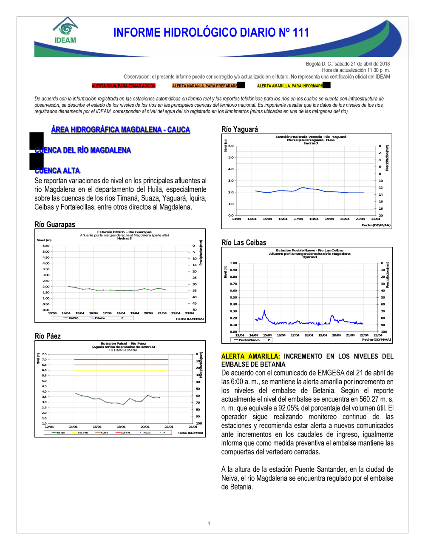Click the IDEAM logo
(65, 31)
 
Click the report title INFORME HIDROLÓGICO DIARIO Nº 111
(211, 33)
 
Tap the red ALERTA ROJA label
(124, 86)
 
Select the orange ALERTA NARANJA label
(205, 86)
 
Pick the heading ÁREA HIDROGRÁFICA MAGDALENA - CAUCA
(121, 130)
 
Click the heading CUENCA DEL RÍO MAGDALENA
(83, 150)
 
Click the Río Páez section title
(48, 336)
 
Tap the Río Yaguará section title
(240, 129)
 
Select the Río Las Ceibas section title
(244, 242)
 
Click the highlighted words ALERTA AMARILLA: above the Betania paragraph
(251, 356)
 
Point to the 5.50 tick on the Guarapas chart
(46, 246)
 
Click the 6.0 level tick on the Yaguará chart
(231, 146)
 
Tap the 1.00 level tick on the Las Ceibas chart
(233, 263)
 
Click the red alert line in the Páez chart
(121, 359)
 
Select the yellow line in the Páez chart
(121, 370)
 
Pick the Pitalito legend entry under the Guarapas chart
(100, 318)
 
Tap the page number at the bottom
(209, 523)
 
